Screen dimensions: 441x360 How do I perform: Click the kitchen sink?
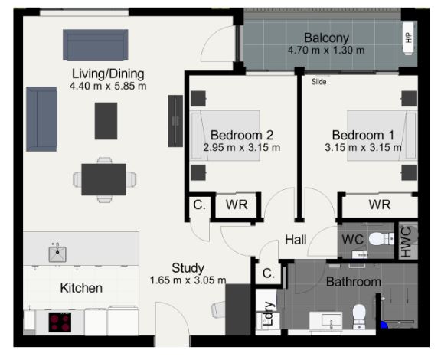(x=57, y=254)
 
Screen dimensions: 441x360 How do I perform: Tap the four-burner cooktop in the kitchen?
(x=60, y=322)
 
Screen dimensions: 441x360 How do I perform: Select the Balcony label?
(x=326, y=38)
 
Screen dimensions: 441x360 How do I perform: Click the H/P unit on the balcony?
(x=408, y=38)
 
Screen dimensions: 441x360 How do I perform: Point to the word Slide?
(x=319, y=82)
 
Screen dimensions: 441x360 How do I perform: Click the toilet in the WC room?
(x=381, y=239)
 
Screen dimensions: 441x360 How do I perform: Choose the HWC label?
(x=407, y=242)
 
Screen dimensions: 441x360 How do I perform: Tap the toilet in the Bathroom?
(x=359, y=316)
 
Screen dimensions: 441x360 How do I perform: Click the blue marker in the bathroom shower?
(x=384, y=325)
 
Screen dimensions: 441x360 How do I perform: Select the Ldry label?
(x=269, y=314)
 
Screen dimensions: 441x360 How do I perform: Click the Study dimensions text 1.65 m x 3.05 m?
(x=188, y=280)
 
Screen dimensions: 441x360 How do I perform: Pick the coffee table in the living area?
(x=106, y=121)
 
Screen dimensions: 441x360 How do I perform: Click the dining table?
(x=104, y=179)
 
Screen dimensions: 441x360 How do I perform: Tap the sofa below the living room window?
(x=96, y=44)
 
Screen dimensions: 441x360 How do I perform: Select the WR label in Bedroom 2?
(x=237, y=205)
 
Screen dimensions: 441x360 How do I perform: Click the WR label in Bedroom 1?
(x=380, y=205)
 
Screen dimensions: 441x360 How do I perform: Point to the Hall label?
(x=296, y=240)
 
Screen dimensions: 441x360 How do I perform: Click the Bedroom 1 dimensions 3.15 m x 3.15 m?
(x=363, y=148)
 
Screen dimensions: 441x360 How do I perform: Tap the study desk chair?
(x=218, y=309)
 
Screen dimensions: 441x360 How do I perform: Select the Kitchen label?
(x=81, y=288)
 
